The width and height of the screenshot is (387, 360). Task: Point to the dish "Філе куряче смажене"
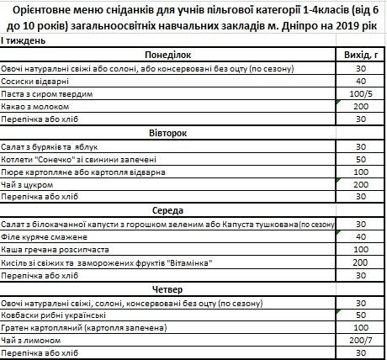48,237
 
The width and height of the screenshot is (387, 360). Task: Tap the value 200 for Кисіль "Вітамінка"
360,262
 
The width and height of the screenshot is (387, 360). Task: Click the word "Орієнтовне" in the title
51,10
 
